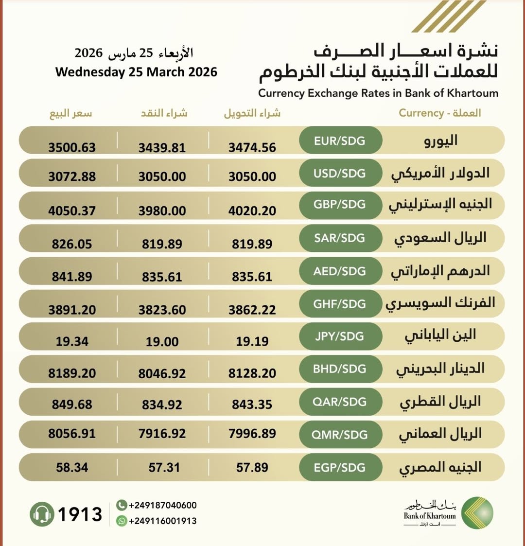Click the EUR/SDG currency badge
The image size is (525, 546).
pos(340,141)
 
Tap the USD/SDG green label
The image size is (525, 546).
pos(340,174)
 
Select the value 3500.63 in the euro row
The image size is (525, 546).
pos(72,147)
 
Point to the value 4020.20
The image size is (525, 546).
pos(252,211)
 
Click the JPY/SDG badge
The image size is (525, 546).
pos(340,336)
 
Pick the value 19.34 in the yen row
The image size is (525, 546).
pos(72,342)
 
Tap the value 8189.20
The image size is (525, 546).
pos(72,373)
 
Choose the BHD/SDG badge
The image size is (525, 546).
pos(340,369)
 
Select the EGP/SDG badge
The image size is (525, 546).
pos(340,468)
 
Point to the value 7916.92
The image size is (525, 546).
pos(162,434)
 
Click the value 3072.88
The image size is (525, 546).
pos(72,176)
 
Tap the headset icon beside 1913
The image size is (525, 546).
pos(42,514)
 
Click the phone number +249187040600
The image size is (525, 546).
pos(163,506)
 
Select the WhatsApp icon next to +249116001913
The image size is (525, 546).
pos(122,521)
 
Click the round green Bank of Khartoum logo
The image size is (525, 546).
pos(477,513)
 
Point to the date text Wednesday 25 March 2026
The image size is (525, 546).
pos(136,72)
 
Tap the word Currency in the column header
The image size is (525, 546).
pos(421,113)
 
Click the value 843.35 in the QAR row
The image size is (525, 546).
pos(252,405)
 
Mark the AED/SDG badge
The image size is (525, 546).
pos(340,271)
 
